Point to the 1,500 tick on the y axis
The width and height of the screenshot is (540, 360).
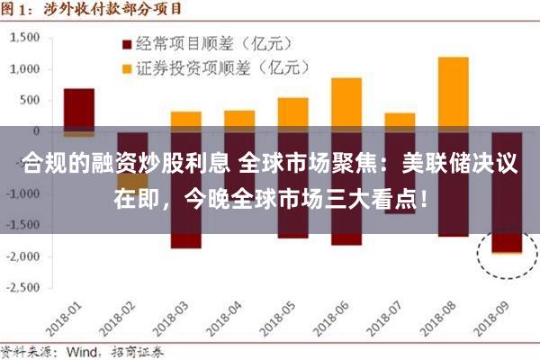tap(27, 38)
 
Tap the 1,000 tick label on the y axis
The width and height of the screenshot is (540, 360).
tap(27, 69)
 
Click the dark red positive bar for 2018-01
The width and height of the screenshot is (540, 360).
tap(78, 108)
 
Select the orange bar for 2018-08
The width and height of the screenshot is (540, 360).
tap(453, 90)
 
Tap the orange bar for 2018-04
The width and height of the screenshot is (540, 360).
tap(238, 120)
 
